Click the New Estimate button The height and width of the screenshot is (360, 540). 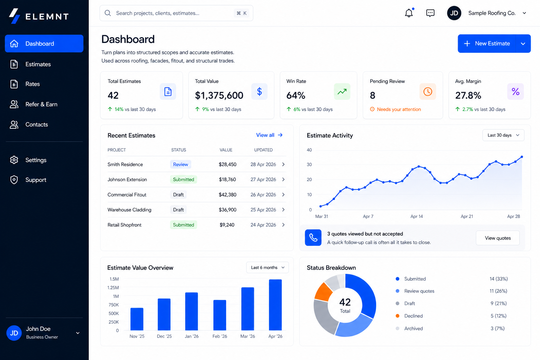tap(487, 44)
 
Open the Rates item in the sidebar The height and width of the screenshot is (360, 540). tap(32, 84)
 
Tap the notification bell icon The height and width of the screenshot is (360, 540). tap(409, 13)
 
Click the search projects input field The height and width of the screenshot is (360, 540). tap(169, 13)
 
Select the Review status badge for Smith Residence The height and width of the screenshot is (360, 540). tap(180, 165)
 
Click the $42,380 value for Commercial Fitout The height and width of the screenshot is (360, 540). tap(227, 195)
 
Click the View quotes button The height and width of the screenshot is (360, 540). tap(497, 238)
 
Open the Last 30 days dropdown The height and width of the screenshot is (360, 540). tap(503, 135)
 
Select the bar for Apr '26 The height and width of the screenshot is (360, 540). tap(275, 305)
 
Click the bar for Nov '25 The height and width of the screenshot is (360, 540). tap(137, 319)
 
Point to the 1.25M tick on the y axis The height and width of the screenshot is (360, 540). tap(113, 288)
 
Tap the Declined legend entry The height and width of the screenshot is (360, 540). tap(413, 316)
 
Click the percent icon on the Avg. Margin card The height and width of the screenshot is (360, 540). tap(515, 92)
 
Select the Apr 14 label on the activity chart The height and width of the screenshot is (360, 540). tap(417, 217)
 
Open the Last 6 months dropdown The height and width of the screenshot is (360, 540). tap(267, 268)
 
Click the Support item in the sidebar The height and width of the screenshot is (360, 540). tap(36, 180)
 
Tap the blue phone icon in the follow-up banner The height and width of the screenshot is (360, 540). tap(313, 238)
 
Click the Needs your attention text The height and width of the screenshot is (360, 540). tap(399, 109)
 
